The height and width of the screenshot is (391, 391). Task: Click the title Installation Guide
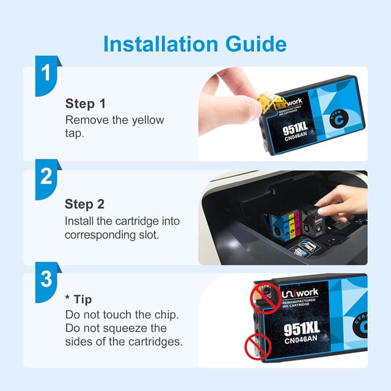point(195,43)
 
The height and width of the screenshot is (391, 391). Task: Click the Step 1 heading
point(86,103)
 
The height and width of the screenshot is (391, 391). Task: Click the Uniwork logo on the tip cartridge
point(299,294)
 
